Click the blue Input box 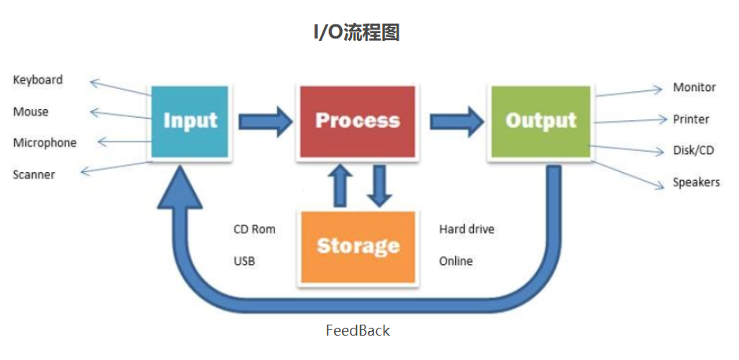(x=189, y=121)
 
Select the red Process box (x=358, y=121)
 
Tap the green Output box (x=541, y=121)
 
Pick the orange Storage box (x=358, y=246)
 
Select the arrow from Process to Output (x=456, y=121)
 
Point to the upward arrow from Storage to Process (x=339, y=186)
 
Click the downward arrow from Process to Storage (x=380, y=186)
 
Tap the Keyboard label (x=38, y=80)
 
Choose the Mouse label (x=31, y=112)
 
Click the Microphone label (x=45, y=143)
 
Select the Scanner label (x=34, y=174)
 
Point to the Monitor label (x=694, y=87)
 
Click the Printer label (x=691, y=119)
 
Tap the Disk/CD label (x=694, y=151)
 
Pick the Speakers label (x=696, y=182)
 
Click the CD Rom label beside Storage (x=255, y=230)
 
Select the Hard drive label (x=467, y=230)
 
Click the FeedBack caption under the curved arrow (x=358, y=330)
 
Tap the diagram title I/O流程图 (x=357, y=32)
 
